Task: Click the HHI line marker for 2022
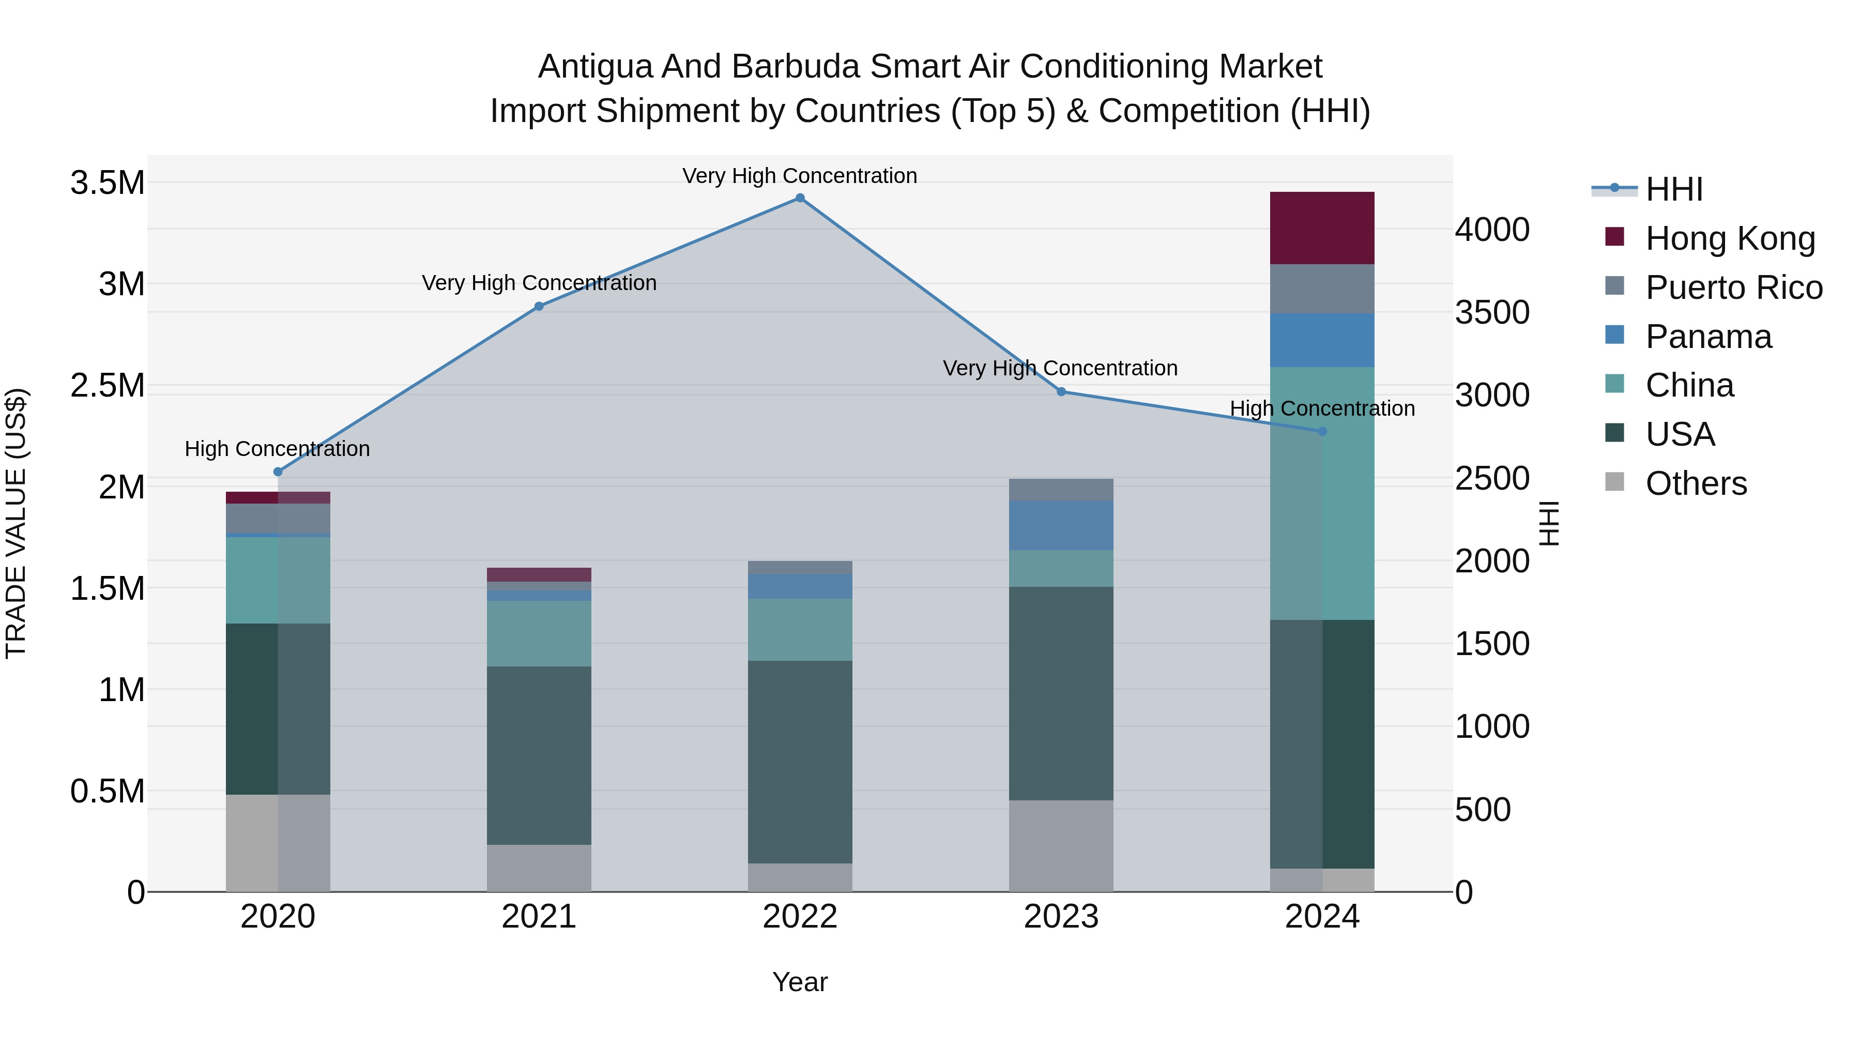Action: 800,198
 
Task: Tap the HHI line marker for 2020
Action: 278,472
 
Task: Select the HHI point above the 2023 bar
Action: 1061,391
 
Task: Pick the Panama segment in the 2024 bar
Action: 1322,340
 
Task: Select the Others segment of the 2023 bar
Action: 1061,845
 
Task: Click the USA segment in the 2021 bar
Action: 539,755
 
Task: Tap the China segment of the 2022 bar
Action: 800,629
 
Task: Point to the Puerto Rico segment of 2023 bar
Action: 1061,490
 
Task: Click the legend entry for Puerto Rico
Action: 1734,287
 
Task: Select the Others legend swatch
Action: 1614,482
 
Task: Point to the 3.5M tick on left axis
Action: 108,183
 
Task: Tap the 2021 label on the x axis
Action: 539,917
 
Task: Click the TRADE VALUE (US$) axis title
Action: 17,523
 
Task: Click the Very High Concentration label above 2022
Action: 800,176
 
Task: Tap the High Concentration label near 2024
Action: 1322,408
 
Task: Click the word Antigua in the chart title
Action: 594,67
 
